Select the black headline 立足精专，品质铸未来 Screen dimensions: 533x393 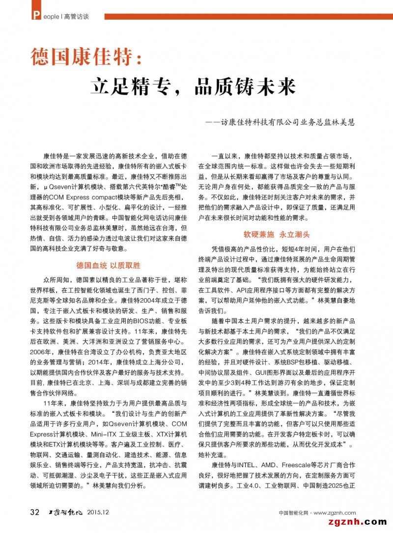click(194, 87)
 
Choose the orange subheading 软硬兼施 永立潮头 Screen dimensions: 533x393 click(277, 235)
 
